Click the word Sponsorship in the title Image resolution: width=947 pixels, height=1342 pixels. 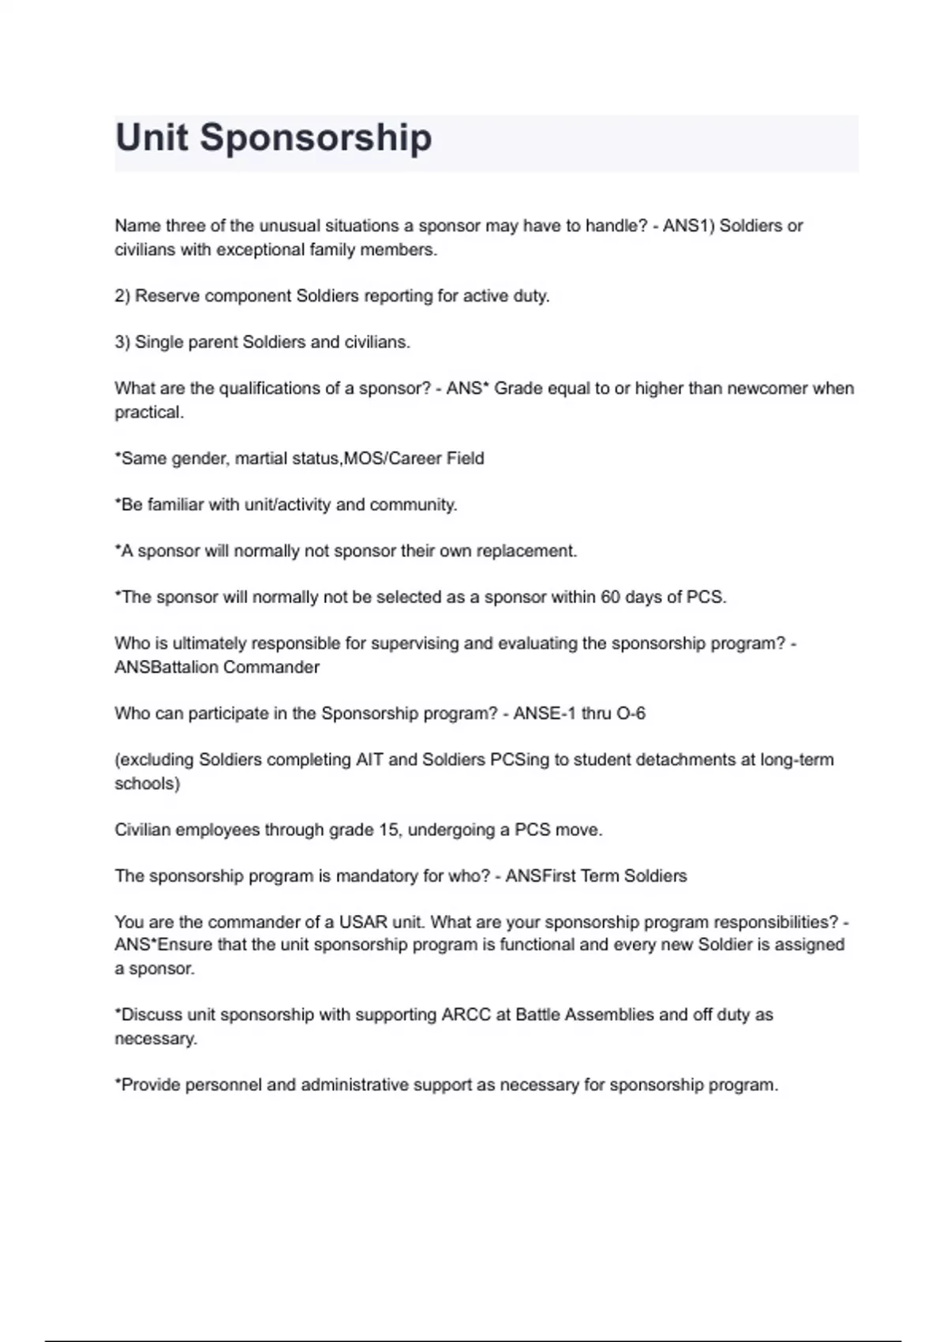(x=315, y=137)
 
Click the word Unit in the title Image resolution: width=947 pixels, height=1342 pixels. (x=152, y=137)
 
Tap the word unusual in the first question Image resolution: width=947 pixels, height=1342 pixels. (x=290, y=226)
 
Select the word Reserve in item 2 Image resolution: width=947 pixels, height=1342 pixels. (x=167, y=296)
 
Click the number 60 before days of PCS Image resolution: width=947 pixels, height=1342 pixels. (x=611, y=597)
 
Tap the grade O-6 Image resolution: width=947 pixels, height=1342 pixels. (x=631, y=714)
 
